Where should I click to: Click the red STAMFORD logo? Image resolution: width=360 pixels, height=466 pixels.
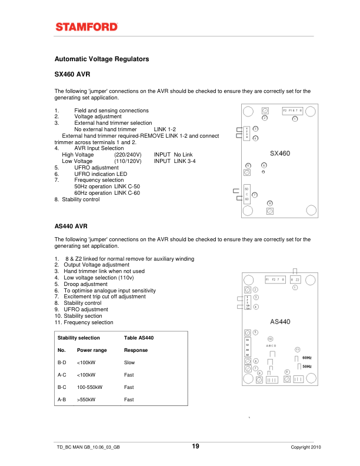[86, 26]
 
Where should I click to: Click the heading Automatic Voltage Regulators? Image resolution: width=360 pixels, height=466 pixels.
[102, 59]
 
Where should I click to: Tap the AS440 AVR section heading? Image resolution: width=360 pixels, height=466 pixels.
[71, 225]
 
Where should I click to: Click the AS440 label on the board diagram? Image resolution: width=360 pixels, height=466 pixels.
[280, 322]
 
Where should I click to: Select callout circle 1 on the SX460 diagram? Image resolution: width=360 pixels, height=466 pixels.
[295, 119]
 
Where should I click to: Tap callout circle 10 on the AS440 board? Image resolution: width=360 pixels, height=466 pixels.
[270, 339]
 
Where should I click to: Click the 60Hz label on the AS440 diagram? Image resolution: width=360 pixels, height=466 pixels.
[306, 358]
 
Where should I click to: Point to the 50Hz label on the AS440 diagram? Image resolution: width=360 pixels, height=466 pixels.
[306, 367]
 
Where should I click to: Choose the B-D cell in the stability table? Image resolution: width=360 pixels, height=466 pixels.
[62, 362]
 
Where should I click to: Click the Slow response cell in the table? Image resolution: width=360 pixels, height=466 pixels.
[129, 362]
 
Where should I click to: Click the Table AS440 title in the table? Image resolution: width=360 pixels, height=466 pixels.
[139, 338]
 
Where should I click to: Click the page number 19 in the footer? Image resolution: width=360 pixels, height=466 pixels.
[195, 447]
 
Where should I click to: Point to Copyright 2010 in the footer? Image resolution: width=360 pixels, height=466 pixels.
[306, 448]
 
